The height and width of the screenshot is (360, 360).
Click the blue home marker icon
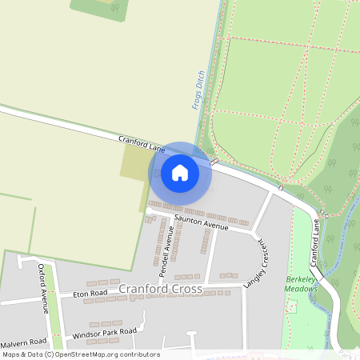(x=180, y=172)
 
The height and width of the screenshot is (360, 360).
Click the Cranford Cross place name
(x=160, y=288)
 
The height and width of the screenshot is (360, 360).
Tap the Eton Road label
(x=90, y=294)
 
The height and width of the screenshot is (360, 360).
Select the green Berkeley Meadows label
(x=302, y=284)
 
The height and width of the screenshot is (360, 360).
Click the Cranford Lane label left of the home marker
(x=141, y=144)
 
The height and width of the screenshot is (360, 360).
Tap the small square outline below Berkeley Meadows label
(x=293, y=306)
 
